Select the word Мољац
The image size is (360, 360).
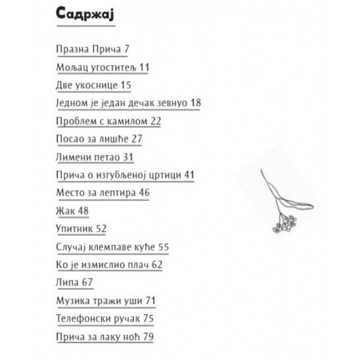pyautogui.click(x=70, y=67)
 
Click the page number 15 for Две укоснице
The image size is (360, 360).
pyautogui.click(x=125, y=85)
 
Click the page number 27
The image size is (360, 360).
pyautogui.click(x=137, y=139)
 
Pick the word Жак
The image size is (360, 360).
pyautogui.click(x=64, y=211)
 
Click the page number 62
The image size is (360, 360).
pyautogui.click(x=157, y=264)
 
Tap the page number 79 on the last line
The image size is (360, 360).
pyautogui.click(x=147, y=336)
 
